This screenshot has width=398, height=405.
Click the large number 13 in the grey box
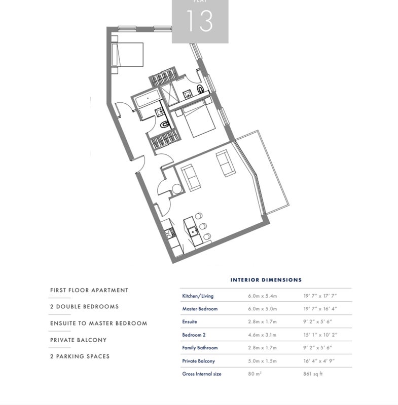click(x=200, y=21)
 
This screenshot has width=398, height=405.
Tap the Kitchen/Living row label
click(x=198, y=296)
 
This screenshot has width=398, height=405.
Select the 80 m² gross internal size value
click(x=255, y=374)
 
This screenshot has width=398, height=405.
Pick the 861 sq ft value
click(x=313, y=374)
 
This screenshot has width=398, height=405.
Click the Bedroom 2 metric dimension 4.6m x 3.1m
click(x=262, y=335)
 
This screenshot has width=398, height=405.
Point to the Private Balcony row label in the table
click(x=198, y=361)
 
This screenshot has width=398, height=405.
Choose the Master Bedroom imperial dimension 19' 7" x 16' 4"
click(x=320, y=309)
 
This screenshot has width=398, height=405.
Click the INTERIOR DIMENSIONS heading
click(x=266, y=280)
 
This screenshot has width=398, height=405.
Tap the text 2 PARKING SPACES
click(x=80, y=356)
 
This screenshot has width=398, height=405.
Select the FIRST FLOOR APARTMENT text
click(x=89, y=290)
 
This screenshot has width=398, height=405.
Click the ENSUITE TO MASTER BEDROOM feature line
click(x=98, y=323)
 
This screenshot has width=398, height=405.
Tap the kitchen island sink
click(x=193, y=231)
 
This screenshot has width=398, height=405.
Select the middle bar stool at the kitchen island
click(x=203, y=226)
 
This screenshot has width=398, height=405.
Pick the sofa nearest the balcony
click(x=226, y=163)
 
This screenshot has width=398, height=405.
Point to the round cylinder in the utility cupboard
click(x=177, y=189)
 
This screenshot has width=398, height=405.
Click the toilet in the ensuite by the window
click(x=200, y=89)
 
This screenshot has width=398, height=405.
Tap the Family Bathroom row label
click(x=200, y=348)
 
